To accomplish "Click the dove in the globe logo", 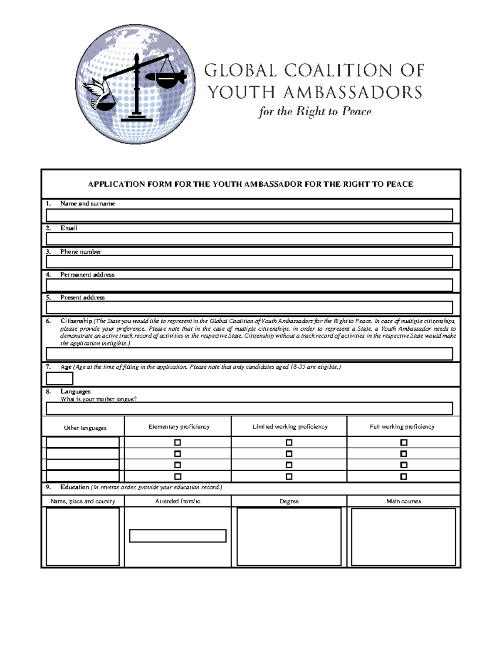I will (x=95, y=91).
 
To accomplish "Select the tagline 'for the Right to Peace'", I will (x=315, y=111).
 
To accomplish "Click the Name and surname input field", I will (x=249, y=215).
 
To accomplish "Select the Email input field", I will (x=249, y=239).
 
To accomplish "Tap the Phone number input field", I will (x=249, y=262).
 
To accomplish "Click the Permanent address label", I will (x=87, y=275).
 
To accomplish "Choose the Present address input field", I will (x=249, y=307).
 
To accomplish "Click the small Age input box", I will (x=59, y=379).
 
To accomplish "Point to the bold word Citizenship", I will (x=76, y=321).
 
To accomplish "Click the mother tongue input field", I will (x=249, y=408).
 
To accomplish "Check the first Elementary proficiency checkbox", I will (x=178, y=443).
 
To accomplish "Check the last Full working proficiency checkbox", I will (x=403, y=476).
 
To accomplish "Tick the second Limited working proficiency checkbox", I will (x=289, y=454).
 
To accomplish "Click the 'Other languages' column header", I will (x=85, y=428).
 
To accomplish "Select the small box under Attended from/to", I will (x=178, y=536).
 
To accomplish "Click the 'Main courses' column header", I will (x=403, y=501).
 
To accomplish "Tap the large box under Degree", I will (x=289, y=537).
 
